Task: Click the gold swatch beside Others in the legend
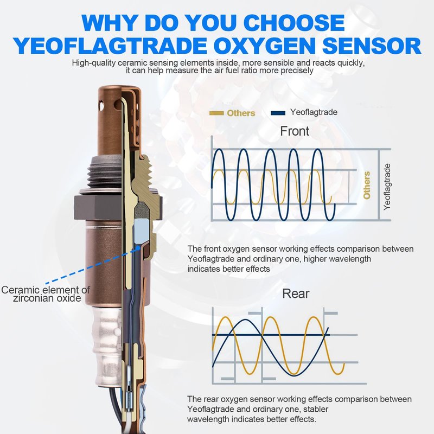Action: coord(216,113)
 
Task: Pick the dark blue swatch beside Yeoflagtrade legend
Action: coord(278,113)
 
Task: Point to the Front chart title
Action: coord(295,131)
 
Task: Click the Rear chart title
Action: coord(296,293)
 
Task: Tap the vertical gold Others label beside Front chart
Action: coord(367,185)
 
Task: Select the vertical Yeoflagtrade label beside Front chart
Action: coord(387,187)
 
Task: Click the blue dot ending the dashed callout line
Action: coord(138,248)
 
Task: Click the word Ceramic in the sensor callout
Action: coord(21,290)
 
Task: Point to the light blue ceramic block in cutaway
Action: coord(141,228)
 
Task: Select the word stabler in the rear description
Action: coord(315,409)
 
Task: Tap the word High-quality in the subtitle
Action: coord(93,63)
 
